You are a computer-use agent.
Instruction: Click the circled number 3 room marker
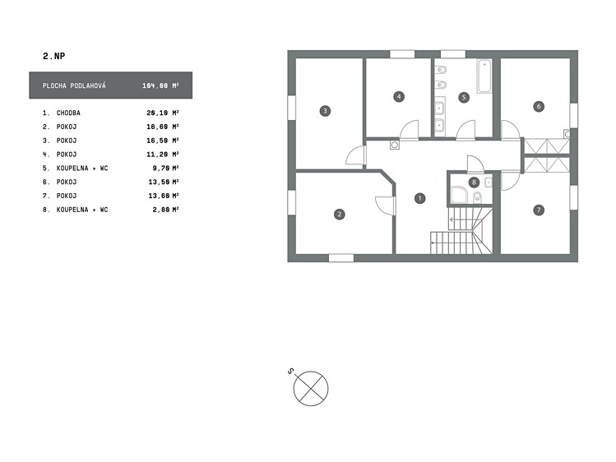coord(325,111)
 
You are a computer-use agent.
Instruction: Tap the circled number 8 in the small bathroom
coord(474,182)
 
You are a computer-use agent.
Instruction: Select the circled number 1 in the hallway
coord(419,198)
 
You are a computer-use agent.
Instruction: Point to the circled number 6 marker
coord(539,106)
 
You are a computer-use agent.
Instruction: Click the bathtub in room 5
coord(484,76)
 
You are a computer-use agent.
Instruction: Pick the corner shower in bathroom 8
coord(459,195)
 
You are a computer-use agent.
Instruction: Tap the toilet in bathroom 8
coord(477,197)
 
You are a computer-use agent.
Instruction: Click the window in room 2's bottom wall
coord(340,258)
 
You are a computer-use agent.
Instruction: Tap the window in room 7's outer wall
coord(574,198)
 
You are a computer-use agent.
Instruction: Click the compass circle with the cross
coord(311,388)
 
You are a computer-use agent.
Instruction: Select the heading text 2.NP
coord(53,56)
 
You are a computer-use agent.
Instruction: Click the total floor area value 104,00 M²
coord(160,85)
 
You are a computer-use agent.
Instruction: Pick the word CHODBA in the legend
coord(68,113)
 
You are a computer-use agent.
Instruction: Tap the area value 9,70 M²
coord(166,169)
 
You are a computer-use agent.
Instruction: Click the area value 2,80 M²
coord(166,210)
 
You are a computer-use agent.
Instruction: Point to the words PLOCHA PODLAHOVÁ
coord(74,85)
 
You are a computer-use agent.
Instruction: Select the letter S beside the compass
coord(290,371)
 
